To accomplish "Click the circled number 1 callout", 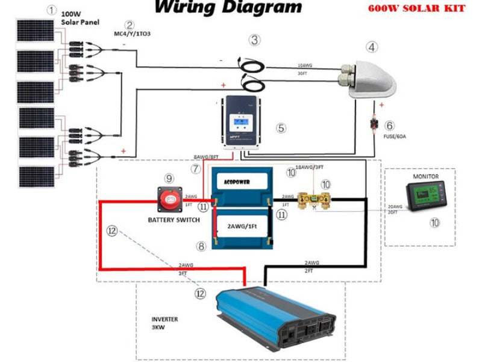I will pos(53,10).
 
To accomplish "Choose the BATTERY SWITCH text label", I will pos(174,220).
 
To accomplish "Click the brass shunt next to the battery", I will pos(318,200).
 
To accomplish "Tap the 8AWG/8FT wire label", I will pos(205,156).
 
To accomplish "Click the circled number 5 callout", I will pos(281,128).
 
